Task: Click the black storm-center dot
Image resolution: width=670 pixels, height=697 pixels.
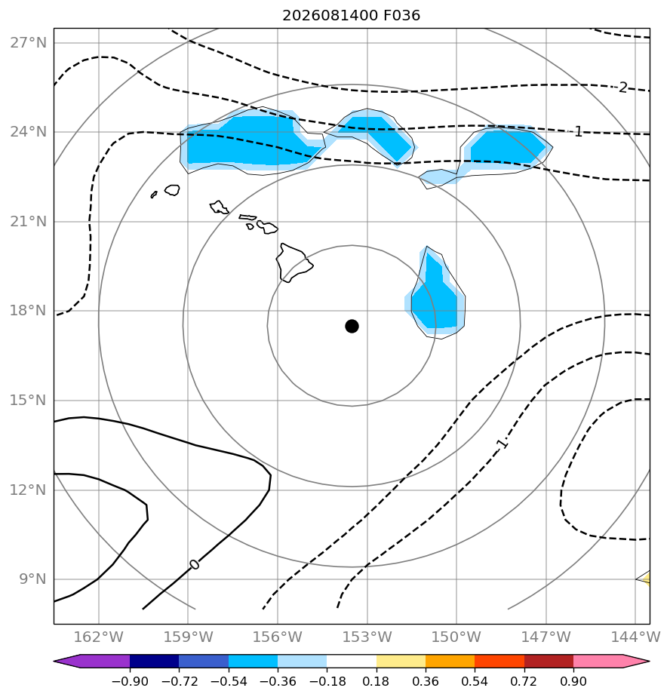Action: [352, 327]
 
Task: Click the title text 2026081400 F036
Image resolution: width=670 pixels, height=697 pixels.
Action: [352, 16]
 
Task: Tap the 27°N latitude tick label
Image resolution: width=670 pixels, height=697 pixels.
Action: [28, 43]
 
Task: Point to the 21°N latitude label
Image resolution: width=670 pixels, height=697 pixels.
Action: [28, 221]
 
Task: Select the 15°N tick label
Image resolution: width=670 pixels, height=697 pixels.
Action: [28, 401]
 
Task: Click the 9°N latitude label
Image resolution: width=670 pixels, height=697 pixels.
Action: [32, 579]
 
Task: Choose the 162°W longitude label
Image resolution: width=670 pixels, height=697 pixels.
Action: [98, 637]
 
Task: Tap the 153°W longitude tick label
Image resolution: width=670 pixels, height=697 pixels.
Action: [367, 637]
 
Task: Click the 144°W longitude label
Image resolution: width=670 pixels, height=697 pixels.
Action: [635, 637]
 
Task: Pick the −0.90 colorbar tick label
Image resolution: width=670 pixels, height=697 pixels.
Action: [130, 681]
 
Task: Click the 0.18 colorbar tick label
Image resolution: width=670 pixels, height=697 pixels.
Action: [376, 681]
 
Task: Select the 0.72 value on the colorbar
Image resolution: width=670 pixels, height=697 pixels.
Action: [524, 681]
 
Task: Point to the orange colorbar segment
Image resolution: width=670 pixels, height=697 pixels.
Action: [450, 661]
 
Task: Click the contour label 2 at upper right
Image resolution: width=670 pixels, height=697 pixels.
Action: [623, 88]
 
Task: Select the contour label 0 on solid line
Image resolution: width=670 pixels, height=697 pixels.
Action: [195, 564]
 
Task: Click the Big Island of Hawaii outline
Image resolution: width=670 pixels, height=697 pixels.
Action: [294, 263]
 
